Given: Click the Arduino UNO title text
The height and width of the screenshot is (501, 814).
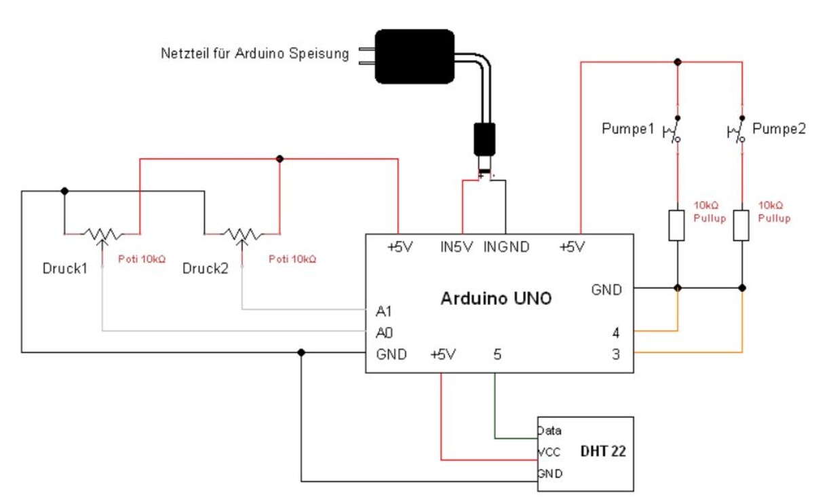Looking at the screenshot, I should tap(497, 299).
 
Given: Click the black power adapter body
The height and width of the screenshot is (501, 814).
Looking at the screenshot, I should tap(414, 56).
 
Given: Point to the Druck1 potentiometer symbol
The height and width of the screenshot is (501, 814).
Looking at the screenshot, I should tap(102, 235).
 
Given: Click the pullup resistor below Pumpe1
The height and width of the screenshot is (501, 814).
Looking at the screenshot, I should tap(677, 225).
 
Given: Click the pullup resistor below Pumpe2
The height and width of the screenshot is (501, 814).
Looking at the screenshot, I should tap(741, 225).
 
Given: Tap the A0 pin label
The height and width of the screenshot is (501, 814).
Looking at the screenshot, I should tap(383, 333).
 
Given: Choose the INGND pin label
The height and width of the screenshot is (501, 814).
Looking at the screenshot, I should tap(506, 248).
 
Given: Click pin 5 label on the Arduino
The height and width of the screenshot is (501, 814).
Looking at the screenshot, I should tap(497, 354).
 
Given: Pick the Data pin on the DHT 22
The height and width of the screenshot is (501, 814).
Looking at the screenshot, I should tap(549, 430).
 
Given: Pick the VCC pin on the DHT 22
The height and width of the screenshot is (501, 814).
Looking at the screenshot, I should tap(549, 451).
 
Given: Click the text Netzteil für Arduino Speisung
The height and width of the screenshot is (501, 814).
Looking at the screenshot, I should tap(254, 54).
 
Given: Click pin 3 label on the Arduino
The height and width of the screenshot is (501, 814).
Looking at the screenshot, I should tap(615, 354).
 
